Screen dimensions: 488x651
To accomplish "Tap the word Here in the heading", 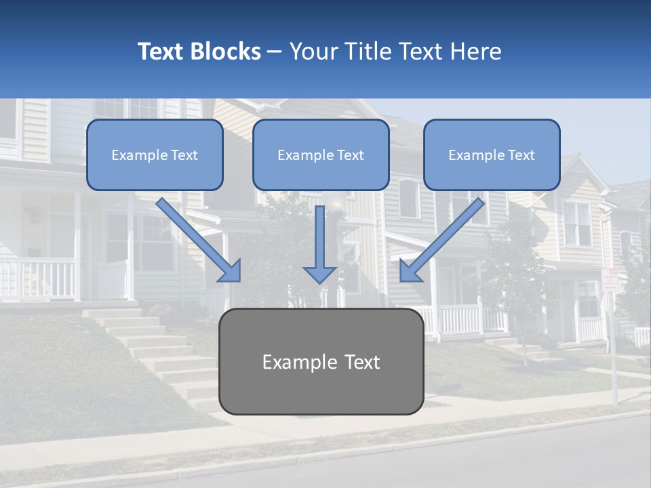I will (x=477, y=52).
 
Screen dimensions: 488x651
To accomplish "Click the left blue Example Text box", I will (x=155, y=155).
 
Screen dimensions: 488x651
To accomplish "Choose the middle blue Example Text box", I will (x=321, y=155).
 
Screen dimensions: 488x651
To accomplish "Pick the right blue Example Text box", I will (x=492, y=155).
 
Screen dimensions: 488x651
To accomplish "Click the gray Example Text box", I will (x=321, y=361).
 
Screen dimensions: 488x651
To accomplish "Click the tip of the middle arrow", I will (x=320, y=281).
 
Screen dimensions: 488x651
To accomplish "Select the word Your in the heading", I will (x=313, y=52).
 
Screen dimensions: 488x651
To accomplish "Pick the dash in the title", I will (x=275, y=52).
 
